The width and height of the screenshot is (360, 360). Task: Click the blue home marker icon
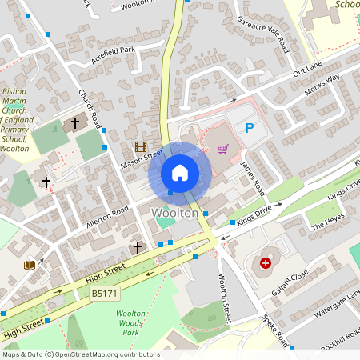pyautogui.click(x=180, y=172)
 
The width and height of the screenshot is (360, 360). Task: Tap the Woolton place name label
pyautogui.click(x=174, y=214)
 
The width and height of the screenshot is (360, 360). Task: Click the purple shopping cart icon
pyautogui.click(x=222, y=148)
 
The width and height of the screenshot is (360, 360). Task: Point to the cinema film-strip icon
pyautogui.click(x=141, y=146)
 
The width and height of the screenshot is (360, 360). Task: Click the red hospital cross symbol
pyautogui.click(x=266, y=262)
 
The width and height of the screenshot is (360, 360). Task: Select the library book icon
pyautogui.click(x=30, y=265)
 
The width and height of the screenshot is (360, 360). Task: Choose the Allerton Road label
pyautogui.click(x=108, y=216)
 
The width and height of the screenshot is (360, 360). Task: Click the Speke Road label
pyautogui.click(x=276, y=330)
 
